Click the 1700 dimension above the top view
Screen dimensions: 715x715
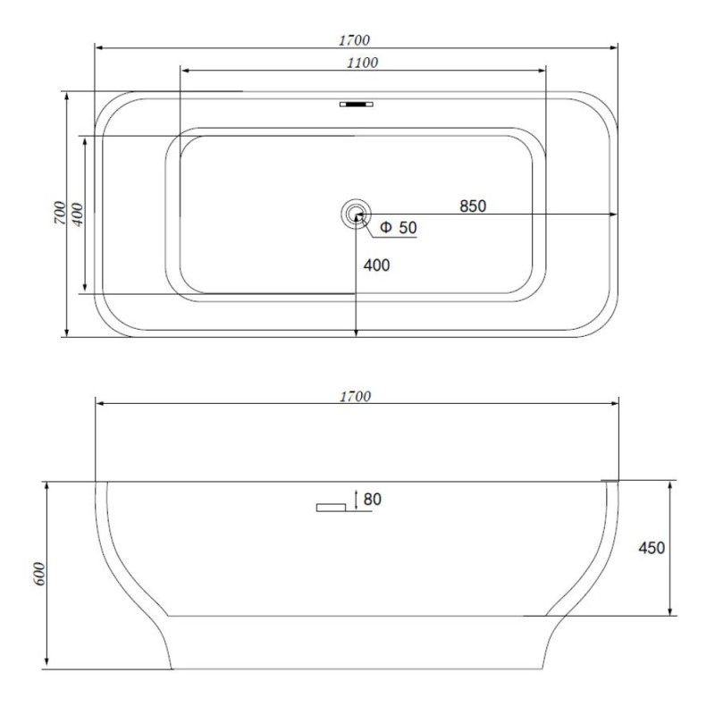pyautogui.click(x=354, y=40)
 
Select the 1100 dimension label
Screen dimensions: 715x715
pyautogui.click(x=363, y=63)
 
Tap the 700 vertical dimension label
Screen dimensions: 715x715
pyautogui.click(x=60, y=213)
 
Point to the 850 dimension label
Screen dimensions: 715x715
pyautogui.click(x=473, y=206)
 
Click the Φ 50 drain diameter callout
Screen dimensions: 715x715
pyautogui.click(x=398, y=228)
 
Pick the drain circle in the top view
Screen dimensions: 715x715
pyautogui.click(x=356, y=214)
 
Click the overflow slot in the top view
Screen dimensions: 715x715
pyautogui.click(x=356, y=104)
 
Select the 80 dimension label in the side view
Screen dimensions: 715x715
pyautogui.click(x=372, y=500)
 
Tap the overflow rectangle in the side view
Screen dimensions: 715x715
pyautogui.click(x=331, y=508)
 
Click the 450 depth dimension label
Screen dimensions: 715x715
pyautogui.click(x=652, y=548)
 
